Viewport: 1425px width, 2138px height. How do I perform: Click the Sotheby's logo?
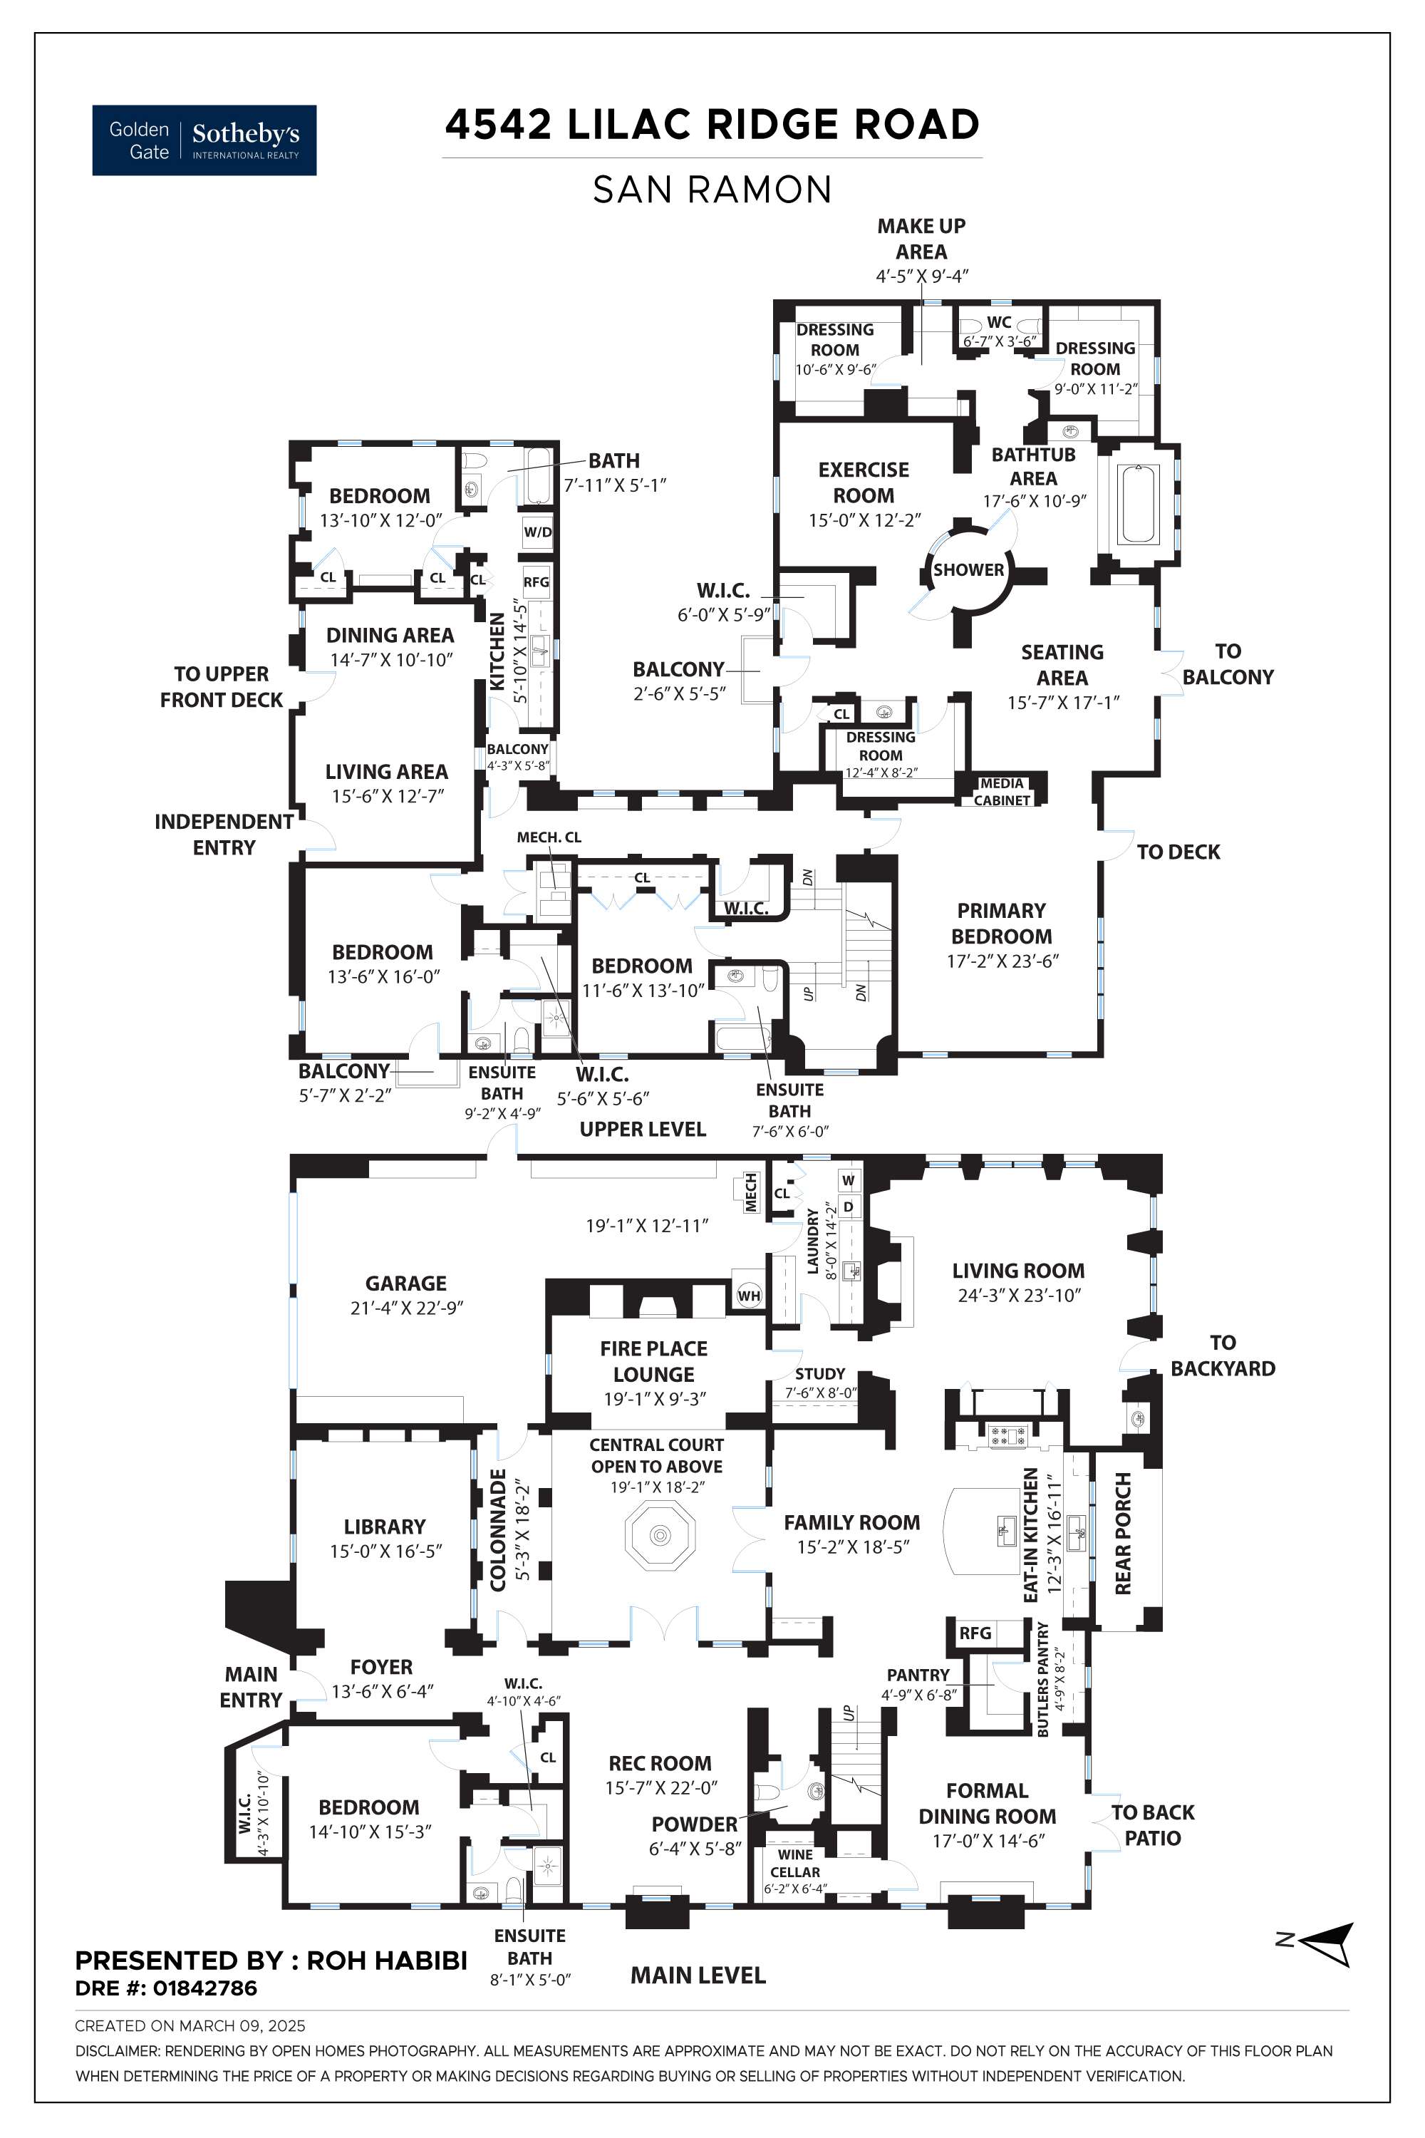coord(204,140)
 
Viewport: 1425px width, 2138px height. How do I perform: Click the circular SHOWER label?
coord(969,570)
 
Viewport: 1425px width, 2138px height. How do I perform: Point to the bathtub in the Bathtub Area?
coord(1139,505)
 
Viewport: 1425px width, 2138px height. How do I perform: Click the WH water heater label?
coord(749,1296)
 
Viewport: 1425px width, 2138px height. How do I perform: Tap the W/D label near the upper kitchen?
coord(538,532)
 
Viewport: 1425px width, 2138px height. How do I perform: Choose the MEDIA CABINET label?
coord(1002,792)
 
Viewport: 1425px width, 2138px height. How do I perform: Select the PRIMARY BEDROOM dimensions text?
coord(1002,961)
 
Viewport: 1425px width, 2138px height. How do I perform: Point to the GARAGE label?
coord(405,1283)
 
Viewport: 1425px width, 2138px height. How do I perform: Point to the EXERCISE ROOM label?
coord(864,482)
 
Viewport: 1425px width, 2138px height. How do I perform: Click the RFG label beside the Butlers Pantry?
coord(975,1633)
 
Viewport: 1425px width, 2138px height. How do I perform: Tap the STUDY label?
coord(820,1373)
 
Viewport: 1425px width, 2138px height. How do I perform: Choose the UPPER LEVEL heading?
coord(643,1129)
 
